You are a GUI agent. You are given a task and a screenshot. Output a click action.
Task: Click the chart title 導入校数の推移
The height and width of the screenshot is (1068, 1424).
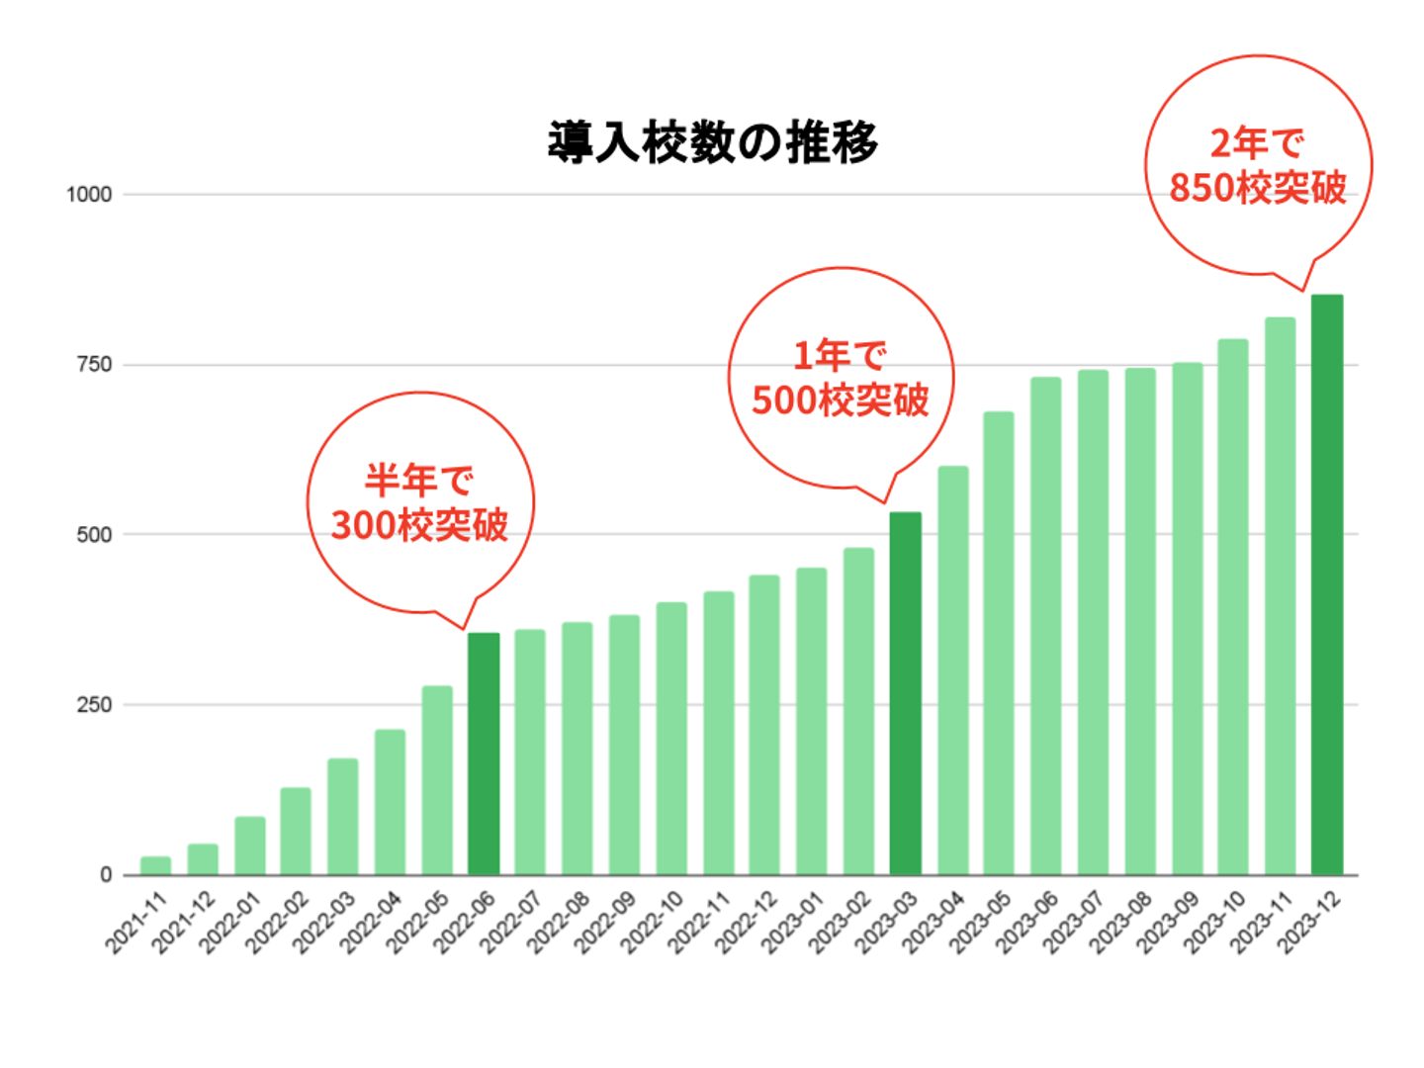(712, 142)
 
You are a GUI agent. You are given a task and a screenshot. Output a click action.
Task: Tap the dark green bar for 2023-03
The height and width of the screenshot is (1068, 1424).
(905, 692)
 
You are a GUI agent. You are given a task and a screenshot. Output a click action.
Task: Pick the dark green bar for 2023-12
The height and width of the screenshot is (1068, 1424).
(1327, 583)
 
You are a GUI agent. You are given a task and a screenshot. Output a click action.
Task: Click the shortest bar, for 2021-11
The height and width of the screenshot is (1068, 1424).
(155, 865)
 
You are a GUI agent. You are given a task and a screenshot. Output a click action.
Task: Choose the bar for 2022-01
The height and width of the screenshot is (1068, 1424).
(249, 845)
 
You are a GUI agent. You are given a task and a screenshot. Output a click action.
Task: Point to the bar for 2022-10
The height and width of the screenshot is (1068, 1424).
(671, 738)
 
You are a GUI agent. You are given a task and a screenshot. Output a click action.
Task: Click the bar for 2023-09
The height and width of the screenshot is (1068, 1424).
(1187, 618)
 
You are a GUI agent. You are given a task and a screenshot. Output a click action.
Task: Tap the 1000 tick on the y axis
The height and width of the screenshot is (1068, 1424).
(89, 195)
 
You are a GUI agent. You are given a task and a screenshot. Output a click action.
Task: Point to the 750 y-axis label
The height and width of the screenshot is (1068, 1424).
(94, 365)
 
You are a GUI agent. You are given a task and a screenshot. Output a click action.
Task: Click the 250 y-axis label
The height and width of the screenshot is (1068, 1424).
(94, 705)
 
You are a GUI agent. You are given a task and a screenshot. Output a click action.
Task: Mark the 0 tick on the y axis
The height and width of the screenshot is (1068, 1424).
(106, 875)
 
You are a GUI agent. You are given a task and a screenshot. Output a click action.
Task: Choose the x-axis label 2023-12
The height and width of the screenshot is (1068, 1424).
(1309, 922)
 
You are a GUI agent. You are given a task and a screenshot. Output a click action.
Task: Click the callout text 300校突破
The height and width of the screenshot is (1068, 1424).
(419, 525)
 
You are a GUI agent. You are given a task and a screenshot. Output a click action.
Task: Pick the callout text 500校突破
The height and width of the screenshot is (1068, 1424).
(841, 400)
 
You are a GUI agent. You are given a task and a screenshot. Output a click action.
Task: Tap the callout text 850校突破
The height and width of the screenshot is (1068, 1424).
(1258, 187)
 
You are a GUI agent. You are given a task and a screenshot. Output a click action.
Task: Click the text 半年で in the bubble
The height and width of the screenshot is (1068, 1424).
(419, 481)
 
